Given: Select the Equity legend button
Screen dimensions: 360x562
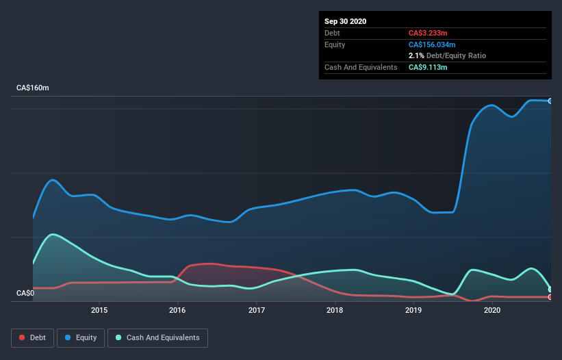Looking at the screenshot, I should [x=81, y=337].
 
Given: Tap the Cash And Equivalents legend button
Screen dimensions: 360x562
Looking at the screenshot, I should [x=157, y=337].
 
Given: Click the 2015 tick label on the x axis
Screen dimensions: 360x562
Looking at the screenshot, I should [x=99, y=310].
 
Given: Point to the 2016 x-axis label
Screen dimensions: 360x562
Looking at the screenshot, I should [x=178, y=310].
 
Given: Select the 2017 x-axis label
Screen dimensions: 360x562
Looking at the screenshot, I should [x=257, y=310].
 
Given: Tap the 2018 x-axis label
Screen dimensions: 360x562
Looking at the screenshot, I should [x=335, y=310].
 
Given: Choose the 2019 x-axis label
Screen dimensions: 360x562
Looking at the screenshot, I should [x=413, y=310].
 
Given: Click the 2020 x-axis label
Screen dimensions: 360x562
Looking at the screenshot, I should [x=491, y=310].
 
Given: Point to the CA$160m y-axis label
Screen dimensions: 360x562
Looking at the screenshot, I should [x=33, y=88].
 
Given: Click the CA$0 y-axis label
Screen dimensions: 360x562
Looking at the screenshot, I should [x=25, y=294].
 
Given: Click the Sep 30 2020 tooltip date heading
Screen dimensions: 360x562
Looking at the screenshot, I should [x=345, y=21].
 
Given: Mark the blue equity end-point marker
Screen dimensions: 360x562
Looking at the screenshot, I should [x=550, y=101].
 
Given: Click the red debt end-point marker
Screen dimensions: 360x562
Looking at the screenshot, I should [x=550, y=297].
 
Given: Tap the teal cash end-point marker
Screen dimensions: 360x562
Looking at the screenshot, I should [x=550, y=290].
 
